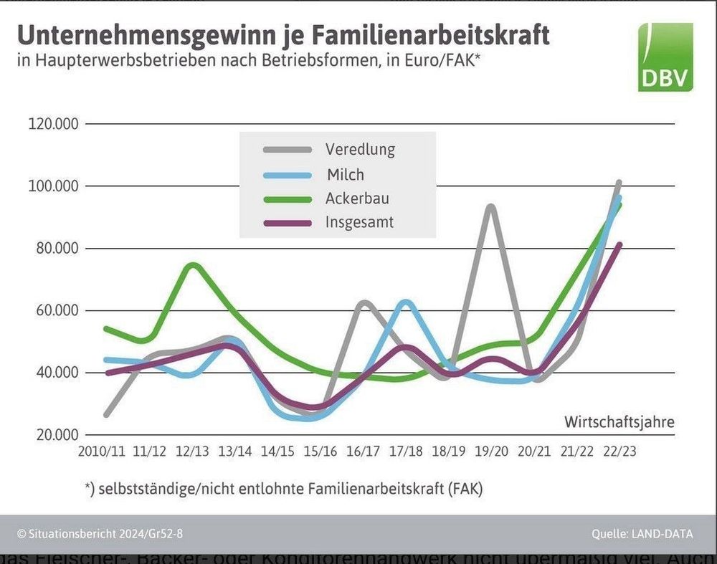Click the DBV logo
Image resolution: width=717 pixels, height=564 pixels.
(665, 57)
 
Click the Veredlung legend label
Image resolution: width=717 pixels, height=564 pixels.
(360, 150)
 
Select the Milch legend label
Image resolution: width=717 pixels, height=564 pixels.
(345, 174)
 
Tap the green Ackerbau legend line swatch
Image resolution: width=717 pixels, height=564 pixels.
(287, 199)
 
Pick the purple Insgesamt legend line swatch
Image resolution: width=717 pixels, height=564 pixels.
(287, 223)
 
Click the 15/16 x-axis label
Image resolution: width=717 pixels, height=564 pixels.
(320, 452)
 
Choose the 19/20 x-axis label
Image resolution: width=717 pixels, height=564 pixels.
(491, 452)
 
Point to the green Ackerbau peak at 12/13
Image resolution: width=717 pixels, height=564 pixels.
(193, 265)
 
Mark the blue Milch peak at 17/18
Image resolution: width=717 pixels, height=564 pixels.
(407, 302)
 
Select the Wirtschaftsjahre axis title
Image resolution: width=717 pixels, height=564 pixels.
(619, 421)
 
